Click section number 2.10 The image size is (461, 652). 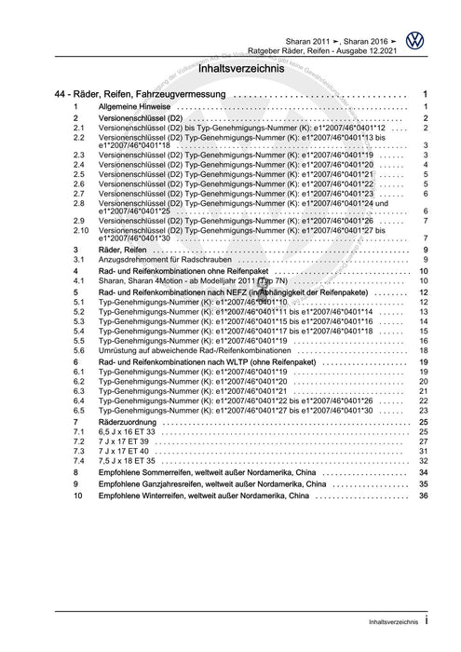[x=80, y=230]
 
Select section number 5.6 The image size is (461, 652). [x=79, y=351]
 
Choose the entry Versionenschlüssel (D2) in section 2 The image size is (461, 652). [x=141, y=120]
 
